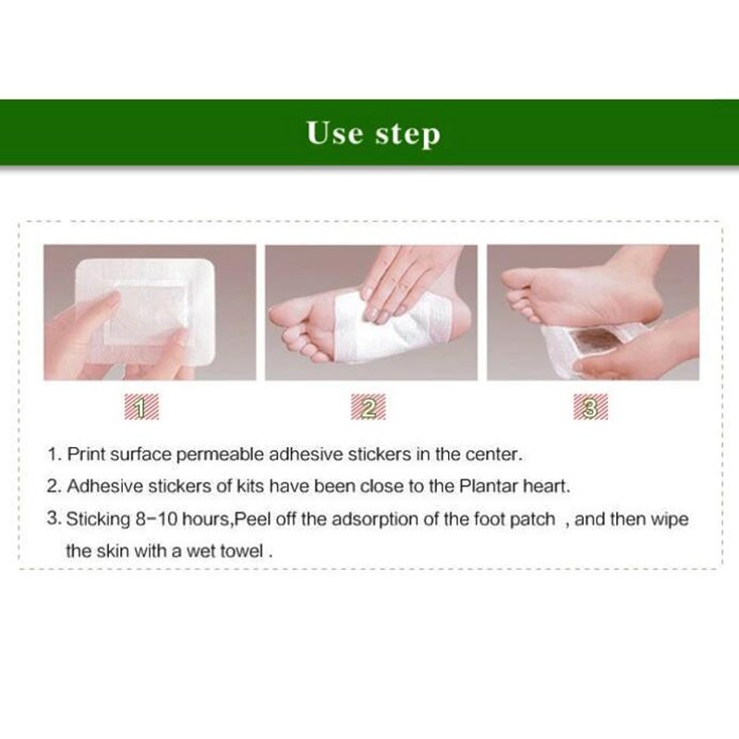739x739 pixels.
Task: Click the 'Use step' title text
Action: (x=373, y=133)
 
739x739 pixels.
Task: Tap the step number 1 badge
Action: (x=140, y=407)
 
